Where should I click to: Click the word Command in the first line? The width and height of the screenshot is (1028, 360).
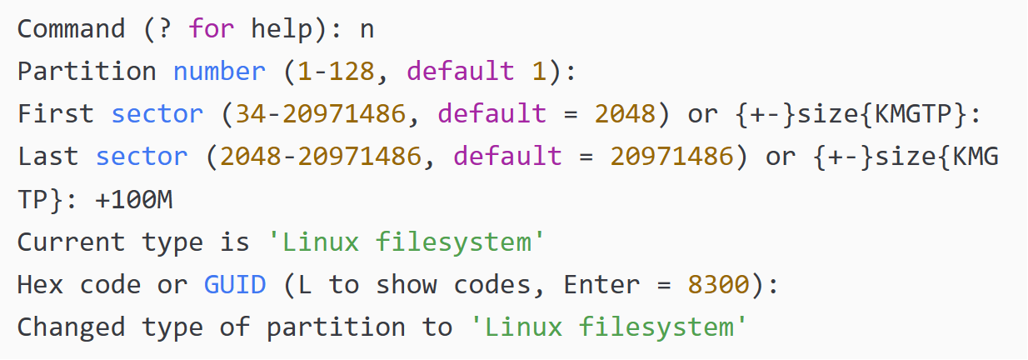pos(72,29)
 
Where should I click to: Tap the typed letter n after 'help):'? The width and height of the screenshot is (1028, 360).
pos(367,29)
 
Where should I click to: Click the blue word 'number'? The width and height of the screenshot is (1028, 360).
pos(220,72)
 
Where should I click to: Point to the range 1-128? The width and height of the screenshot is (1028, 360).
pos(337,72)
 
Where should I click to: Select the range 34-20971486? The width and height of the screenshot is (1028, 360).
pos(322,114)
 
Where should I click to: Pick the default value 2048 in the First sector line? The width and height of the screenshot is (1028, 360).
pos(626,114)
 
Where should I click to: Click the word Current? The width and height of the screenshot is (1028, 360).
pos(72,242)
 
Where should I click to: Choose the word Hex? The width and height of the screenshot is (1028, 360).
pos(40,285)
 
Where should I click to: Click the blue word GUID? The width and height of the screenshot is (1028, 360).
pos(235,285)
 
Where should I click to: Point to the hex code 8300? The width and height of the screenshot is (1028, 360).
pos(719,285)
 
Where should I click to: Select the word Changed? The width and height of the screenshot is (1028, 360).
pos(72,327)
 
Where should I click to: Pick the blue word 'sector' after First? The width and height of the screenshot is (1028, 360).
pos(157,114)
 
